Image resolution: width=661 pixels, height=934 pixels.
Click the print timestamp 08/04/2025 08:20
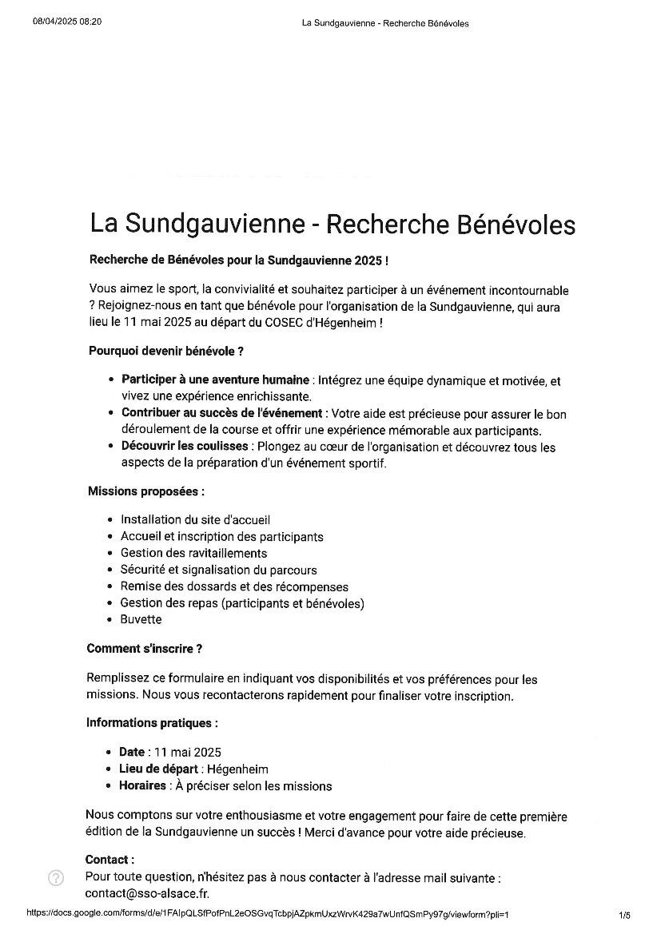click(67, 22)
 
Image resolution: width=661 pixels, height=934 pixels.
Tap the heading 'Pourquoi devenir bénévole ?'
click(165, 351)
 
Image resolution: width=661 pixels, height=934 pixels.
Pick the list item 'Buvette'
click(141, 619)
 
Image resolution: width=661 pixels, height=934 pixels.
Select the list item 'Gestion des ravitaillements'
click(193, 553)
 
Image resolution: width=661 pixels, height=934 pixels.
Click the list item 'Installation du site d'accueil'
click(195, 519)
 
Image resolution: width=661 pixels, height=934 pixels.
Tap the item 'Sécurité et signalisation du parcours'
click(218, 570)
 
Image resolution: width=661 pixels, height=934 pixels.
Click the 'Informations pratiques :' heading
click(151, 723)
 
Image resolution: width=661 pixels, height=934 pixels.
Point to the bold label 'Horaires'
click(143, 785)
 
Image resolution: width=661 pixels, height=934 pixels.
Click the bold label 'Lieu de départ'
click(158, 769)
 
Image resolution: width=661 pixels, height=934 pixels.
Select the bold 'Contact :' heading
click(110, 860)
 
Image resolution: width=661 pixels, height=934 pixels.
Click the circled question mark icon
click(55, 878)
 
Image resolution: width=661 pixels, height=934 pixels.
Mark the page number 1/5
click(624, 915)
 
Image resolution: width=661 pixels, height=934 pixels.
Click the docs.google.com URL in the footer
click(267, 915)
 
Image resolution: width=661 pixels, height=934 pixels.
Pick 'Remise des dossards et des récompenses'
click(234, 586)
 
